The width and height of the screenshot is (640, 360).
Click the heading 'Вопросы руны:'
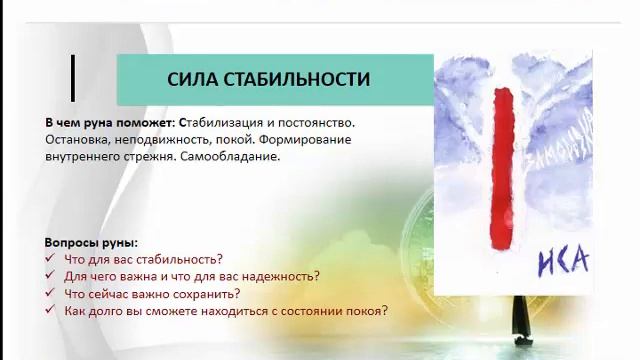click(92, 243)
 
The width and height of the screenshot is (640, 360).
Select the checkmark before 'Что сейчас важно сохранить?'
click(50, 294)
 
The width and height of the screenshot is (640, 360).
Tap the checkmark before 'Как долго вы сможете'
click(50, 311)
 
